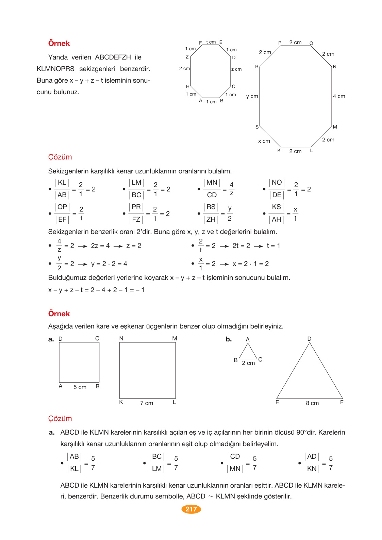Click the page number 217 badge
click(x=191, y=509)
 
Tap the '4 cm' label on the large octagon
click(x=339, y=96)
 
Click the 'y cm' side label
click(x=252, y=96)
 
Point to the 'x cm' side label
click(x=264, y=141)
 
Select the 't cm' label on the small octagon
click(x=211, y=42)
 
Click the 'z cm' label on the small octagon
click(x=236, y=69)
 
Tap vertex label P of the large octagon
click(x=280, y=43)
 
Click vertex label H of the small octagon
click(x=187, y=86)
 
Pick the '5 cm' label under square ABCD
click(x=80, y=387)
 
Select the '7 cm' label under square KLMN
click(x=147, y=403)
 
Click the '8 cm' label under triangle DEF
click(x=312, y=403)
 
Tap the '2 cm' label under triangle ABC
click(x=248, y=363)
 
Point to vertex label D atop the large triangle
click(x=309, y=339)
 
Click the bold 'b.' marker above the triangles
click(x=229, y=339)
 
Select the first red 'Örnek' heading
click(x=59, y=44)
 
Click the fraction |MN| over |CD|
click(x=212, y=189)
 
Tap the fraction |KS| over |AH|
click(x=277, y=213)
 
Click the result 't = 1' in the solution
click(x=273, y=246)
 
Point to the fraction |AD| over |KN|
click(x=312, y=463)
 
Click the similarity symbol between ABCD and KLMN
click(x=211, y=496)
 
